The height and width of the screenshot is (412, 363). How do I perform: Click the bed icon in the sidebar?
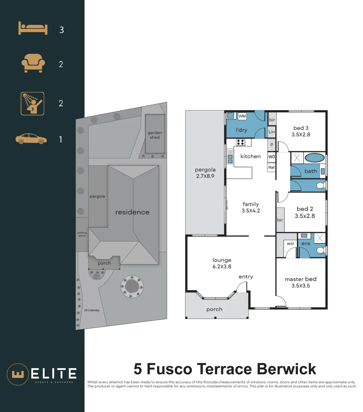pyautogui.click(x=33, y=29)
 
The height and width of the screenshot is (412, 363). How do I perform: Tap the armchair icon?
pyautogui.click(x=33, y=64)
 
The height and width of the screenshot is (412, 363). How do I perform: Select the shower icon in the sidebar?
pyautogui.click(x=32, y=103)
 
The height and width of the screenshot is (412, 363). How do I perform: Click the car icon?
pyautogui.click(x=31, y=139)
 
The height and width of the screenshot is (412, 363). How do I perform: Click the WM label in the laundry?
pyautogui.click(x=242, y=116)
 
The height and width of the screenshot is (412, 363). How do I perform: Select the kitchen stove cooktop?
pyautogui.click(x=241, y=142)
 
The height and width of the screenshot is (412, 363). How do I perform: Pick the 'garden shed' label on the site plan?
pyautogui.click(x=155, y=135)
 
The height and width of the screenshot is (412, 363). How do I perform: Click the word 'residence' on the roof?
pyautogui.click(x=132, y=212)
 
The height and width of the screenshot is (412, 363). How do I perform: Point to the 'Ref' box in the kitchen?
pyautogui.click(x=271, y=167)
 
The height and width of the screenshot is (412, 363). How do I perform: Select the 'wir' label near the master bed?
pyautogui.click(x=291, y=243)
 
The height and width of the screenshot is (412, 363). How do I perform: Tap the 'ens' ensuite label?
pyautogui.click(x=305, y=243)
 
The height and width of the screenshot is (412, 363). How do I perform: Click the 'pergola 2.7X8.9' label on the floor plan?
pyautogui.click(x=205, y=173)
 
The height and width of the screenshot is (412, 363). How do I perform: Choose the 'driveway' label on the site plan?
pyautogui.click(x=92, y=310)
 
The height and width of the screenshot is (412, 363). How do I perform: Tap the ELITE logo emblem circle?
pyautogui.click(x=17, y=374)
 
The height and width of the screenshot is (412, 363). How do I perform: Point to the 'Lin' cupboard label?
pyautogui.click(x=272, y=132)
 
